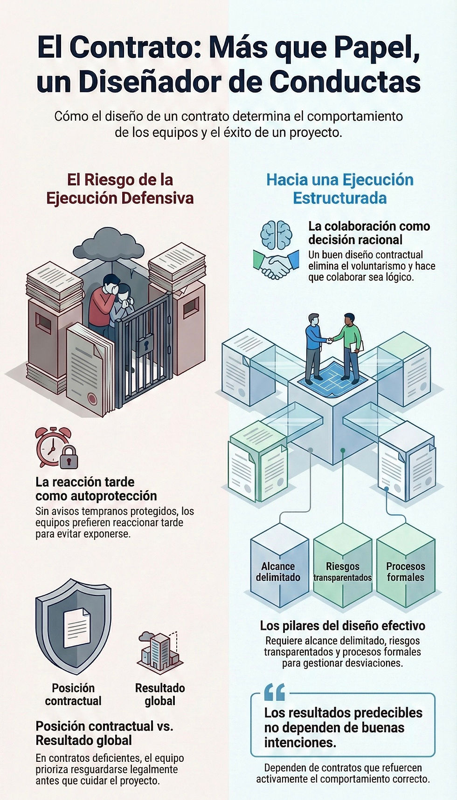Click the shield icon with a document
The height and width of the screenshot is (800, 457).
point(74,625)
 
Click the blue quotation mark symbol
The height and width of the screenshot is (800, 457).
point(274,693)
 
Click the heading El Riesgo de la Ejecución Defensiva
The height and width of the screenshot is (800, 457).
point(120,189)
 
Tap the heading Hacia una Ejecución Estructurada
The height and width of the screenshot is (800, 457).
point(340,189)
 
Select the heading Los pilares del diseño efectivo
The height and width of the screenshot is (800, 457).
point(343,626)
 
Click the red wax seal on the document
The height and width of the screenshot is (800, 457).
point(92,399)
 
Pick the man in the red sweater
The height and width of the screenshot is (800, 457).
point(103,302)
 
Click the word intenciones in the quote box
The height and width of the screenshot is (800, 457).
point(300,742)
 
